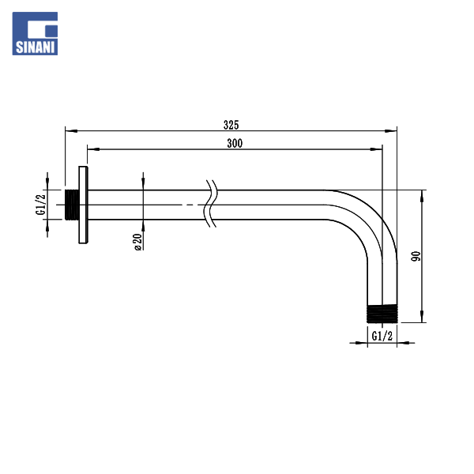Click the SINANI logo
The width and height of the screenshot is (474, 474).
click(35, 33)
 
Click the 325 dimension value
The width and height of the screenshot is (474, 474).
click(231, 125)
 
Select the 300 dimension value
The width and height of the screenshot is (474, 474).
click(235, 143)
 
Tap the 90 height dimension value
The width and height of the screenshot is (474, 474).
click(416, 256)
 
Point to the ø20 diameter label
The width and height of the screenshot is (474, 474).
click(137, 242)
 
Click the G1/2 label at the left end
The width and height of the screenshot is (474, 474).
click(40, 205)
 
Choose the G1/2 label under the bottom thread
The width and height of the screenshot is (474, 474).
click(382, 336)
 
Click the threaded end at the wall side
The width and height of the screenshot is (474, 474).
click(72, 205)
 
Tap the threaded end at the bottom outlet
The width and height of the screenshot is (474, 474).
click(382, 314)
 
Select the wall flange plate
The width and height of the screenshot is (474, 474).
click(84, 205)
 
